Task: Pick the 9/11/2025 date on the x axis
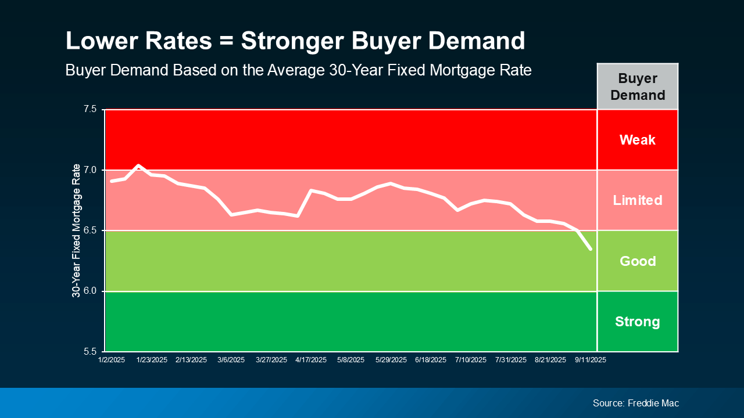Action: (x=591, y=360)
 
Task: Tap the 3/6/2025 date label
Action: (x=231, y=360)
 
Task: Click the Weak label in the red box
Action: (x=637, y=140)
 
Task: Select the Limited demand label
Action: (x=637, y=200)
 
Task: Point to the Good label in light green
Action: (x=637, y=261)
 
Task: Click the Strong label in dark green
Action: (x=637, y=322)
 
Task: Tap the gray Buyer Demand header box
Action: (x=637, y=87)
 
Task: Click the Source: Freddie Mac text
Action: (x=635, y=403)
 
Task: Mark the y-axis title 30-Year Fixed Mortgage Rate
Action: (x=76, y=230)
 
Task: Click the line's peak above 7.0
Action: (x=138, y=165)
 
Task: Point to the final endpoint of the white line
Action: (x=591, y=249)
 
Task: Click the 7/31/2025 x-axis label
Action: (x=510, y=360)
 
